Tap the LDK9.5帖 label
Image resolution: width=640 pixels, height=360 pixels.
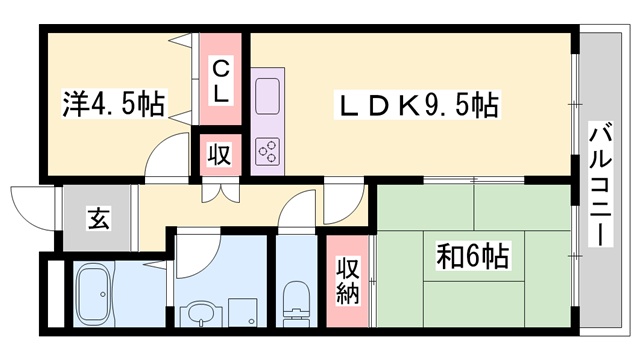tap(416, 104)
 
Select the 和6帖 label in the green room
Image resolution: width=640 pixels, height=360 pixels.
tap(472, 256)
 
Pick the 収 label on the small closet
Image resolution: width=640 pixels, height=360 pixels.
tap(220, 155)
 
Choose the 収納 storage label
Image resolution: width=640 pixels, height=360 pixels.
tap(347, 280)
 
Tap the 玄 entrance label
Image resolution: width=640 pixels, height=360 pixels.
tap(97, 217)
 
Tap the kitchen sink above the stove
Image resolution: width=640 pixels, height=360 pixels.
tap(268, 97)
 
